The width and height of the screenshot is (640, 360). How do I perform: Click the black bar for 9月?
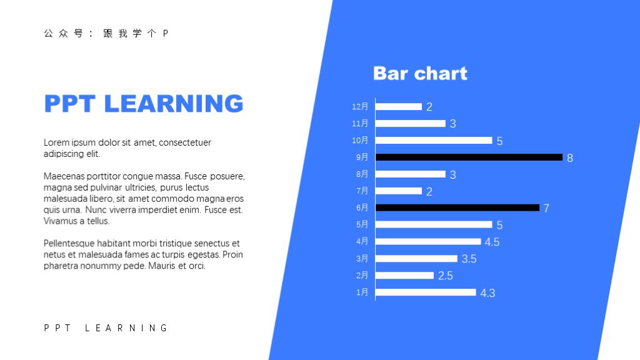point(469,157)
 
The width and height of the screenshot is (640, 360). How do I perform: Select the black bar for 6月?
point(457,207)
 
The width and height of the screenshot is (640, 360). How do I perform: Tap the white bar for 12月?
point(399,106)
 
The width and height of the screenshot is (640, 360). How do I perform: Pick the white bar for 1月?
point(426,292)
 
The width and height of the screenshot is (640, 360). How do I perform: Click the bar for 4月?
point(428,242)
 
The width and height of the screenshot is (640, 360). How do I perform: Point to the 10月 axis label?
point(360,141)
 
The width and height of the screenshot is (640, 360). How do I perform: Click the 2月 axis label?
point(362,276)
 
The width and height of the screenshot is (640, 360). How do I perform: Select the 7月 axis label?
point(362,191)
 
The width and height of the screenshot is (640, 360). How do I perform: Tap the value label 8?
point(570,158)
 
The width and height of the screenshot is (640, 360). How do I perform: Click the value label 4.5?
point(492,242)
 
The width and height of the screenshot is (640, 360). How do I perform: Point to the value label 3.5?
point(469,259)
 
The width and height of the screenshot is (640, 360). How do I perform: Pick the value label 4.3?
point(487,293)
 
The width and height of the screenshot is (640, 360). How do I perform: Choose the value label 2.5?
point(445,276)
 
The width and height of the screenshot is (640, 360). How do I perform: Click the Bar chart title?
point(421,74)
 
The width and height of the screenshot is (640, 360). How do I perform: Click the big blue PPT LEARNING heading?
point(144,103)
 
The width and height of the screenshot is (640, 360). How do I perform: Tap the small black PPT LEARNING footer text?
point(106,328)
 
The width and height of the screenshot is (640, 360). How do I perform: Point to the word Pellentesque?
point(69,244)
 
